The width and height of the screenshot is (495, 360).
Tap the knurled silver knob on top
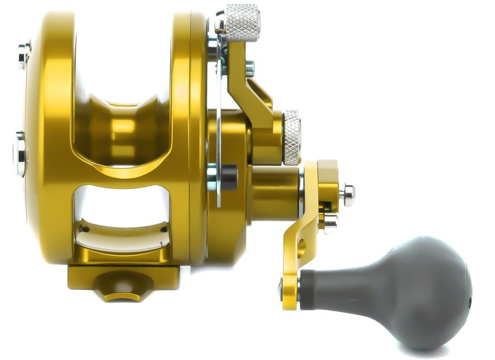(242, 23)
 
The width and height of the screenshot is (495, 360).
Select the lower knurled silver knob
(292, 137)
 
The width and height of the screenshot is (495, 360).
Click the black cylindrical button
(228, 177)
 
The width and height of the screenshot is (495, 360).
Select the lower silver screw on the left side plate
(19, 154)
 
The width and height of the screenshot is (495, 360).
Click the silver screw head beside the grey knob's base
(281, 289)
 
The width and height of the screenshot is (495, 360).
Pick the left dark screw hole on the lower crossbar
(83, 229)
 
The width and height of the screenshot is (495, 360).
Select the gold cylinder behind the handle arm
(275, 193)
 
